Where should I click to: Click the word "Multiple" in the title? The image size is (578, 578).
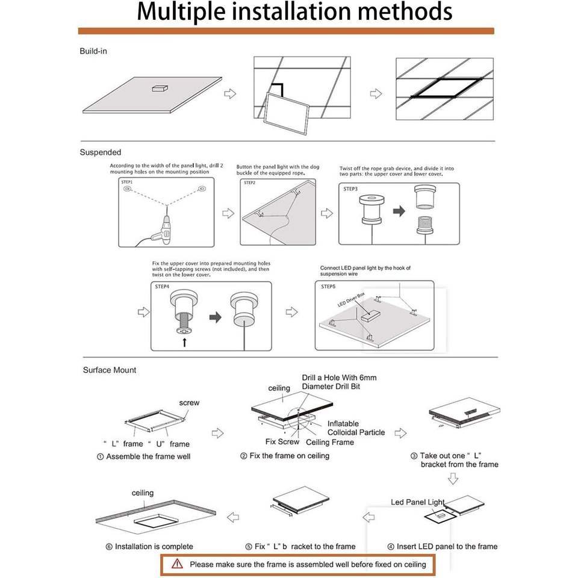click(181, 12)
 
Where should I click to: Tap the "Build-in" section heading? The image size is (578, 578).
click(93, 51)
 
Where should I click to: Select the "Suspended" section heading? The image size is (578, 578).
click(101, 152)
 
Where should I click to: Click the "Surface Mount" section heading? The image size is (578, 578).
click(110, 370)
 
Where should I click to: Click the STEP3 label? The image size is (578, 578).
click(351, 189)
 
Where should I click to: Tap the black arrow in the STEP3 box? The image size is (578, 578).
click(399, 211)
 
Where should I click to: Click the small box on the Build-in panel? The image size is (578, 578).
click(161, 88)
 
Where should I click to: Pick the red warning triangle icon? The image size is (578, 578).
click(177, 564)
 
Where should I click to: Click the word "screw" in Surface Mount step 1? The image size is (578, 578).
click(189, 402)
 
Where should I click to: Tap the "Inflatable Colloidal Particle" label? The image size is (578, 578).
click(356, 427)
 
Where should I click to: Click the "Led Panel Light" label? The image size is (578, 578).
click(417, 502)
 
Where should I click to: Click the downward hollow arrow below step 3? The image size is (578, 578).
click(453, 479)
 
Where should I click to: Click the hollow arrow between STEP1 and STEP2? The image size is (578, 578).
click(228, 214)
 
